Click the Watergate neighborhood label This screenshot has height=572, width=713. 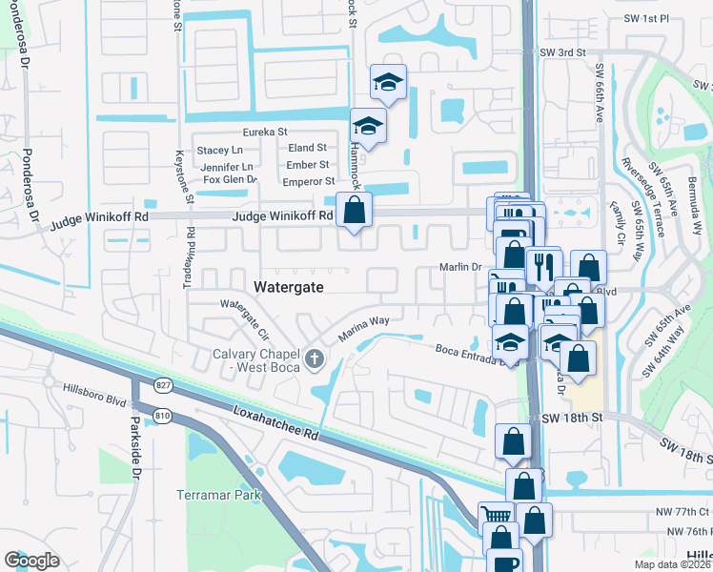click(288, 286)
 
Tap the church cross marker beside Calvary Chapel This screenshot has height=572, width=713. click(315, 359)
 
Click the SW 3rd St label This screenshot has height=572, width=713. click(560, 52)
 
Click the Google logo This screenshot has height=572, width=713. click(32, 560)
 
